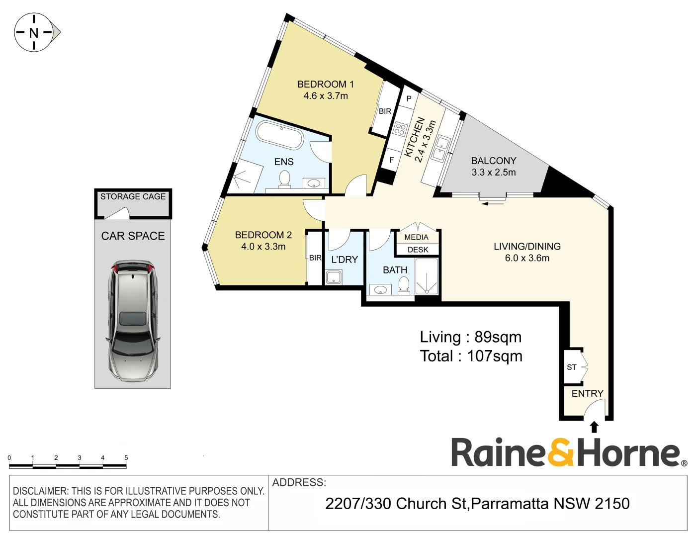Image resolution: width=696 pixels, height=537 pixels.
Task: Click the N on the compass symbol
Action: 33,33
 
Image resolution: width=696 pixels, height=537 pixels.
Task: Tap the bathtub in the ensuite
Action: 279,134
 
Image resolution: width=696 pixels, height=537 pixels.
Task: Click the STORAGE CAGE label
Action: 133,197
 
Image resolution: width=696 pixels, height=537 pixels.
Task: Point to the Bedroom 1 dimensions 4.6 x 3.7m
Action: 326,96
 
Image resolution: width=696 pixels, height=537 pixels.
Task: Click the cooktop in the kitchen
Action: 400,129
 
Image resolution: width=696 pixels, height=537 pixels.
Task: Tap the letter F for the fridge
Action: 391,160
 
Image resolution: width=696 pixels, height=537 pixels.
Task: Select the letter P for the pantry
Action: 409,98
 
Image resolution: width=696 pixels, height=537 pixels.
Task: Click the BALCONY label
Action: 494,161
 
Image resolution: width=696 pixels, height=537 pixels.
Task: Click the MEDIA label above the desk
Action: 416,237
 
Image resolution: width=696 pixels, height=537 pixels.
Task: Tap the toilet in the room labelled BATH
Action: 404,285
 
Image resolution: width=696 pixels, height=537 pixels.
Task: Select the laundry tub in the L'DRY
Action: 333,277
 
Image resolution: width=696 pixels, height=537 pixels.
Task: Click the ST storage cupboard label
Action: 572,367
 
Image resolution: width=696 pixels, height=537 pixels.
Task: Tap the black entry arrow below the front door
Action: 594,427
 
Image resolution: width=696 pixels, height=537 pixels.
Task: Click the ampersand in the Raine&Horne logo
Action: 560,452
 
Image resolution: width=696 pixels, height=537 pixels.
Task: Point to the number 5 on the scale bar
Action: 126,458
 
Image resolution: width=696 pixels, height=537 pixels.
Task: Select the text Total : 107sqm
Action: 471,356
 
